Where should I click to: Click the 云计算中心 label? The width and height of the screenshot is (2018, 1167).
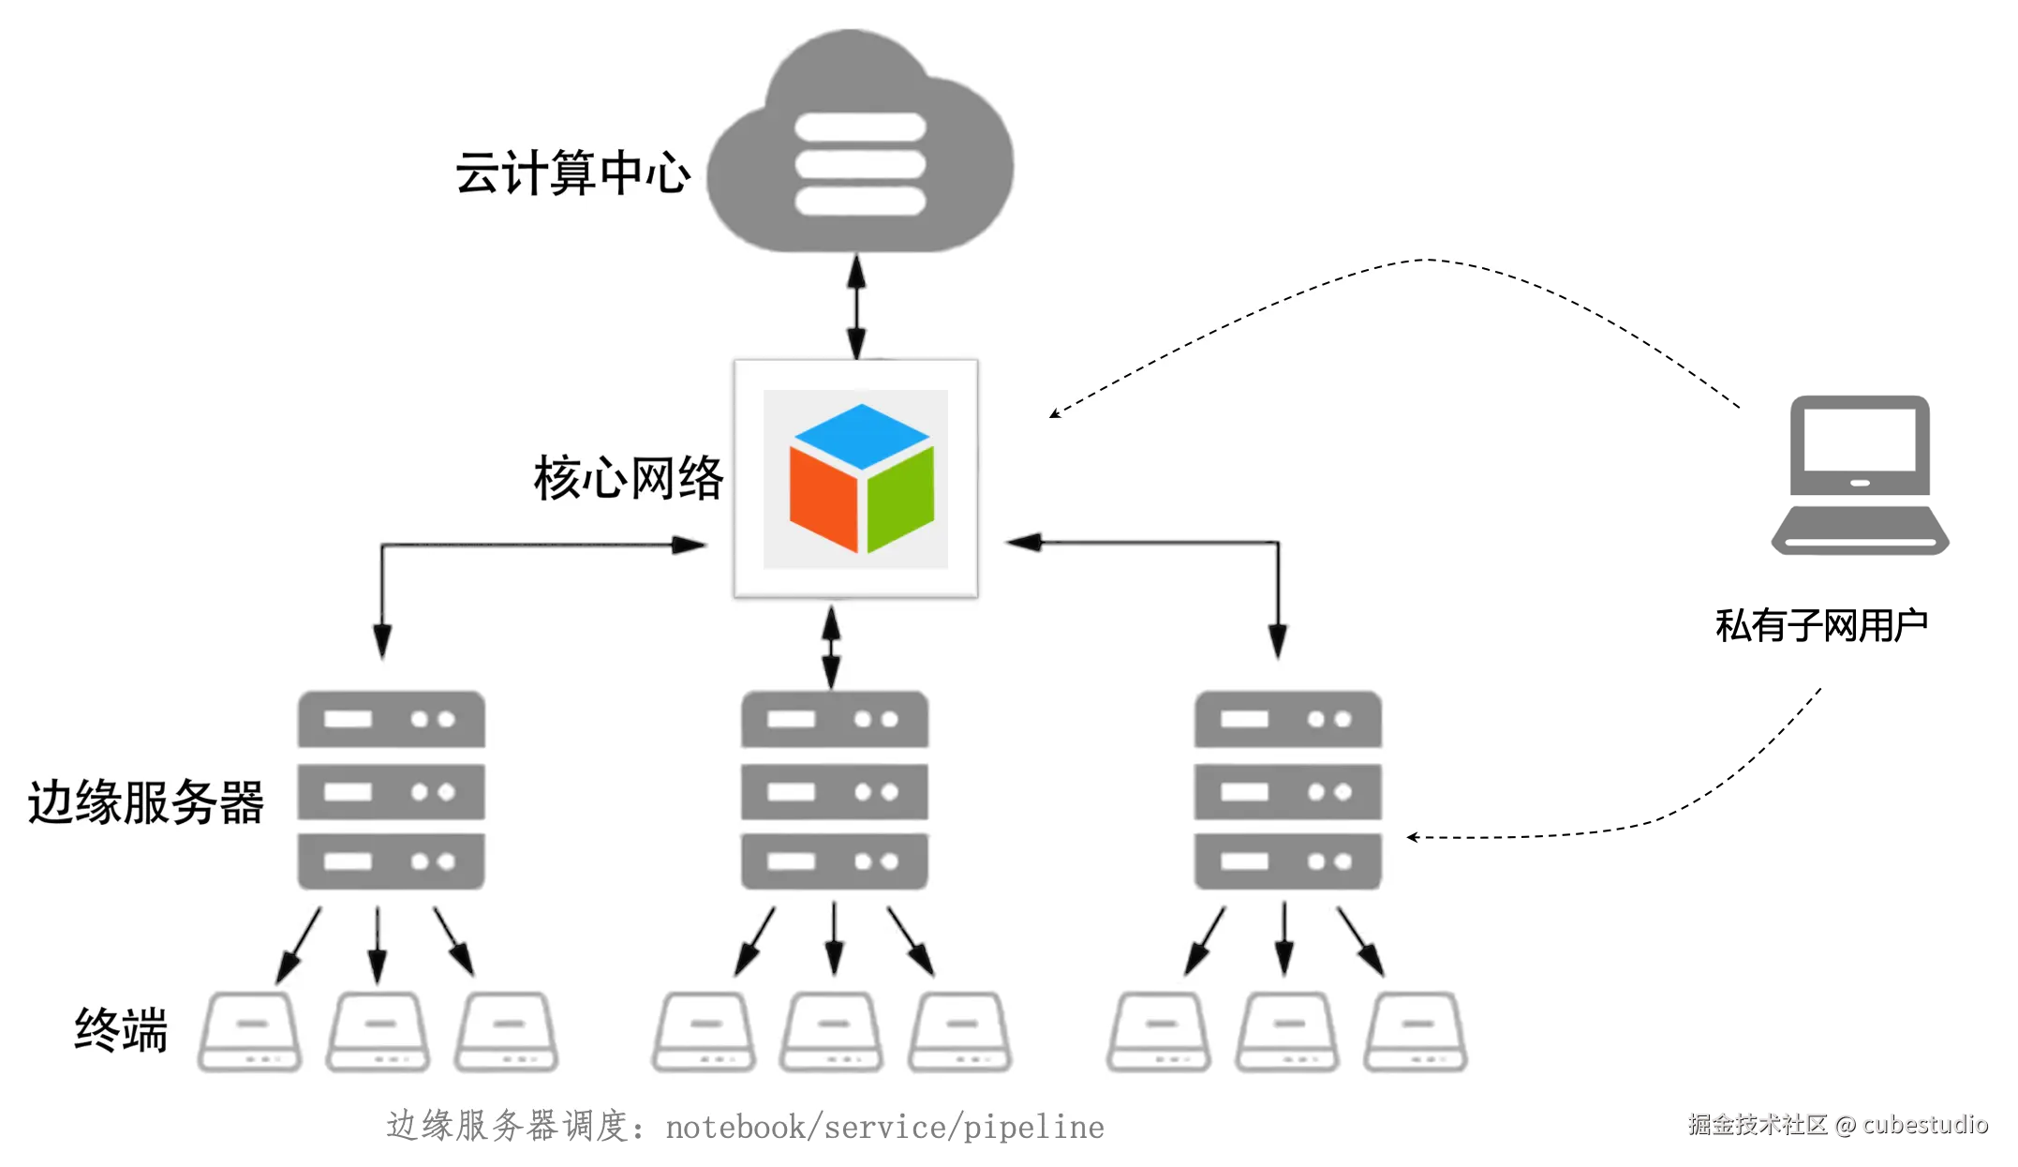tap(572, 172)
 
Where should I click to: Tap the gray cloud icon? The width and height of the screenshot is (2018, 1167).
tap(860, 141)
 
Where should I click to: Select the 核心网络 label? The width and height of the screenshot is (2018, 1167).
tap(629, 478)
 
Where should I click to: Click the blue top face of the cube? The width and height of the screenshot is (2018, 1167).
tap(862, 435)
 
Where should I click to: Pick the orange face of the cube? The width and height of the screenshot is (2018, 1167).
tap(824, 500)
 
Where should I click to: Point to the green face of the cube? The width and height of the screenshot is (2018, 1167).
tap(900, 501)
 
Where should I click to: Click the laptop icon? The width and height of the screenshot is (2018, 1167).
tap(1860, 475)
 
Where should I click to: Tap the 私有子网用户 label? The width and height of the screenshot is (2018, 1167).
tap(1821, 625)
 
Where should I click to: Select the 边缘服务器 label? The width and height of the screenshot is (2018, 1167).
tap(146, 802)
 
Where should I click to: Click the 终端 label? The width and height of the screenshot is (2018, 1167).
tap(121, 1030)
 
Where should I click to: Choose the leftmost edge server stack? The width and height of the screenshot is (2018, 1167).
tap(392, 790)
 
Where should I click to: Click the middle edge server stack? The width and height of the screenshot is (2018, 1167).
tap(835, 790)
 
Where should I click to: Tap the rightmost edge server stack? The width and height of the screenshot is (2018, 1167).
tap(1288, 790)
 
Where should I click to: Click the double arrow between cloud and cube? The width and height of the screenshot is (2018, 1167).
tap(856, 307)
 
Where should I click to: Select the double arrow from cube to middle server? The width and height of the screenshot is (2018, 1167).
tap(831, 647)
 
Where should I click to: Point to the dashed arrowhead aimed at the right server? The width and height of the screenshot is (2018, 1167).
tap(1413, 837)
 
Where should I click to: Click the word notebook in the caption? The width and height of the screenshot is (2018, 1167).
tap(735, 1127)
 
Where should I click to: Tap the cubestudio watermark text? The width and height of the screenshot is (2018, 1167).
tap(1925, 1124)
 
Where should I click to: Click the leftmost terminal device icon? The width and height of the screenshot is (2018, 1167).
tap(249, 1031)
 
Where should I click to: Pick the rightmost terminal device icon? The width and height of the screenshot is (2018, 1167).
tap(1416, 1031)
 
